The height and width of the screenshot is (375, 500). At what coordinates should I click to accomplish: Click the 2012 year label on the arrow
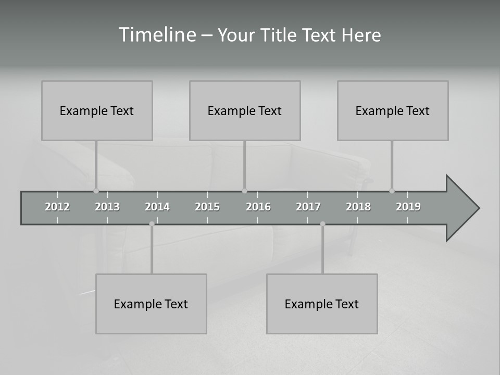[x=57, y=207]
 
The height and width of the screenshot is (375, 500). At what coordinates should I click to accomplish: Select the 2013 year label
[x=107, y=207]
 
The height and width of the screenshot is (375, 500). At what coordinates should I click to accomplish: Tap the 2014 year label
[x=157, y=207]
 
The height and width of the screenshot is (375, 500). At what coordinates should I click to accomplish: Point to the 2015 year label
[x=207, y=207]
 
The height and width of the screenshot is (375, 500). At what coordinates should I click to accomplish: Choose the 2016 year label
[x=258, y=207]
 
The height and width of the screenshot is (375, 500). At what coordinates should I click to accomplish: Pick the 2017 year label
[x=308, y=207]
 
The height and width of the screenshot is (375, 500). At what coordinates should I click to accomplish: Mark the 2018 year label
[x=358, y=207]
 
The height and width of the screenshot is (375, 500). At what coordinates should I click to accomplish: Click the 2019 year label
[x=408, y=207]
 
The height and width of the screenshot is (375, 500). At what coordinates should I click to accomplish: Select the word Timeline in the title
[x=156, y=35]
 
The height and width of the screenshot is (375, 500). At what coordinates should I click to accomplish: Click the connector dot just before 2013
[x=96, y=191]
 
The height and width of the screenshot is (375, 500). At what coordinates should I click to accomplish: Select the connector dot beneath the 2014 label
[x=152, y=224]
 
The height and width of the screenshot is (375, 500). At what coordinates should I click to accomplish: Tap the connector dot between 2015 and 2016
[x=244, y=191]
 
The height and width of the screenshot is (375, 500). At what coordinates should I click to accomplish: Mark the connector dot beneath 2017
[x=322, y=224]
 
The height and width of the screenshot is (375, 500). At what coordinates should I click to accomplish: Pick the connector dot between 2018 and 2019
[x=392, y=191]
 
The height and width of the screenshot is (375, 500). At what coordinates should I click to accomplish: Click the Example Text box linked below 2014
[x=151, y=304]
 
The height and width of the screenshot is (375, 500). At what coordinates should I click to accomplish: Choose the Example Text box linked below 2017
[x=322, y=304]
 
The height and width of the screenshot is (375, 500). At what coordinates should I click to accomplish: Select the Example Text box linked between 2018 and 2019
[x=393, y=110]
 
